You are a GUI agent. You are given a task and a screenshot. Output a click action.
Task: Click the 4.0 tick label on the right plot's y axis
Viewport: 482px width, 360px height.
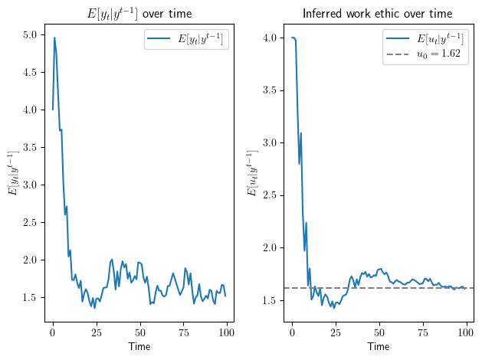coord(269,38)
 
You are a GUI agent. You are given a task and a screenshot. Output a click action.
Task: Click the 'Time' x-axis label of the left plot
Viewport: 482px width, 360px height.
coord(139,347)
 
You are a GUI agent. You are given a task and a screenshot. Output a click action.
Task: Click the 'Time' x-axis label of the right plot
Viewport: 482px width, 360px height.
coord(378,347)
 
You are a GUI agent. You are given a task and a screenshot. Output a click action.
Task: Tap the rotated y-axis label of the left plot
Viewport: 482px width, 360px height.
coord(13,173)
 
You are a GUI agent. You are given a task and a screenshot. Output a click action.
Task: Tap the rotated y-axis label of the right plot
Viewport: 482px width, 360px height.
coord(252,173)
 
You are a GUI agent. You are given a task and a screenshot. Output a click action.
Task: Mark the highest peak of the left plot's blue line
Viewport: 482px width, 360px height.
coord(54,37)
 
